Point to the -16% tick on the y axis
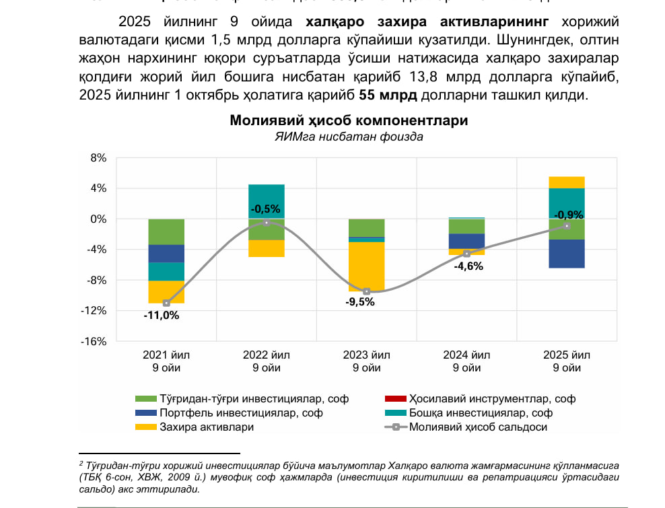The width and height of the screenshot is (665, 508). (94, 341)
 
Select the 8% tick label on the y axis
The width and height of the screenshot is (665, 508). (98, 158)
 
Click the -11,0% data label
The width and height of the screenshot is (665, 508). (162, 315)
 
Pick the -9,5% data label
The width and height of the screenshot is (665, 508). (360, 302)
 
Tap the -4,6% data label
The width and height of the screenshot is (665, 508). (468, 266)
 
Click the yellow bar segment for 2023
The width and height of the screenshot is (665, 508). (367, 266)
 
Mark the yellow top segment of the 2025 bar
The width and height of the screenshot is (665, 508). (567, 182)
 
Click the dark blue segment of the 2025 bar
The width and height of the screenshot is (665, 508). (567, 254)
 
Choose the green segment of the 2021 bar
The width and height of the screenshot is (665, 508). (166, 231)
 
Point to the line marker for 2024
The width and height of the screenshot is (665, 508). (466, 254)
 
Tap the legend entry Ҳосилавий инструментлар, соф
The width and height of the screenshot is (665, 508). (483, 399)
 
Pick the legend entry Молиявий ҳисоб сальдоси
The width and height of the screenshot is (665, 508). (478, 427)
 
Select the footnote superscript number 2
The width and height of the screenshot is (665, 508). (81, 463)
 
